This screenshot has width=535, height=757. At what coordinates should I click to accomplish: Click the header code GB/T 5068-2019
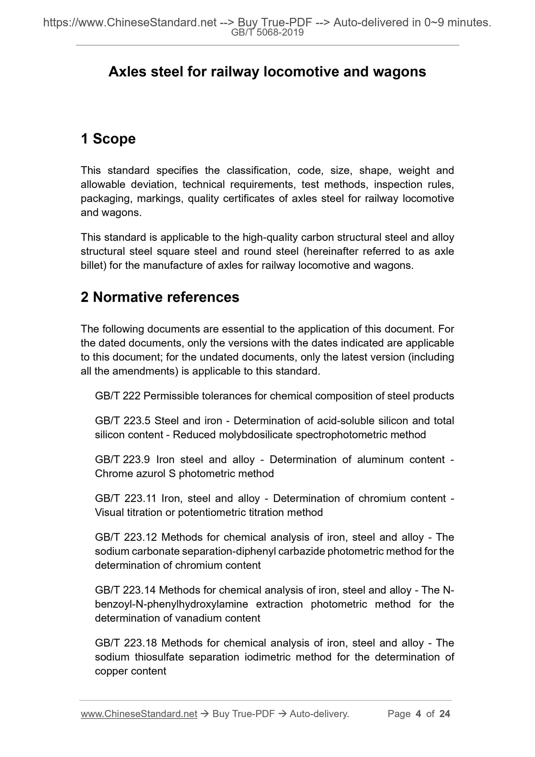coord(267,33)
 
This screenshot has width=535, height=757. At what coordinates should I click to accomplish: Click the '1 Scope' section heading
coord(108,139)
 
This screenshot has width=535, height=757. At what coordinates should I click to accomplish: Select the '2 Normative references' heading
coord(160,297)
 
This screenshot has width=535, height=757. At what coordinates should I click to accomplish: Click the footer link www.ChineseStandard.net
coord(139,714)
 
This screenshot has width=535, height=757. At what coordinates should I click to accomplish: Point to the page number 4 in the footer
coord(418,714)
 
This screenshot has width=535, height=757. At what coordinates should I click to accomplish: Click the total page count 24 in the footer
coord(444,714)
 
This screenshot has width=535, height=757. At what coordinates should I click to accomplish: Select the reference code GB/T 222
coord(117,396)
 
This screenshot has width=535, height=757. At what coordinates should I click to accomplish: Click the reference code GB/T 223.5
coord(123,421)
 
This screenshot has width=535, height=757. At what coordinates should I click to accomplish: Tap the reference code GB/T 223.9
coord(123,460)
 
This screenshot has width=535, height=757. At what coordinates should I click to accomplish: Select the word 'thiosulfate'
coord(161,657)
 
